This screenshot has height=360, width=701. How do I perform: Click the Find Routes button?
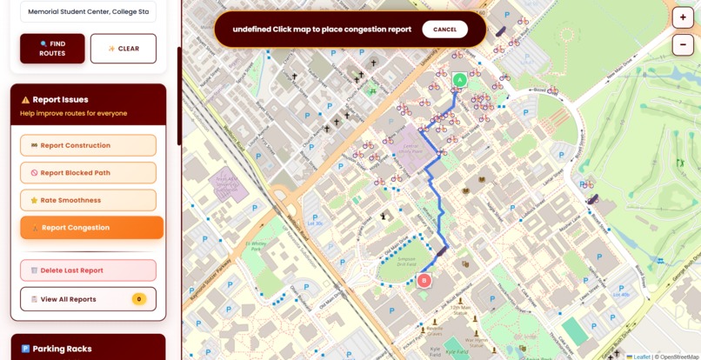click(52, 49)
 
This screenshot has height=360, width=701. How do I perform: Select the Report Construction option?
click(88, 145)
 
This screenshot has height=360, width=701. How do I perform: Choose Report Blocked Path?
click(88, 173)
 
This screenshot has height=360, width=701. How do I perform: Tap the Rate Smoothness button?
click(88, 200)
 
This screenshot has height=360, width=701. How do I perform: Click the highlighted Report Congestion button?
click(91, 228)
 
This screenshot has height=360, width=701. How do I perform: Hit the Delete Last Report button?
click(88, 270)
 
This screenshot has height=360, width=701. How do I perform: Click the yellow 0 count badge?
click(138, 299)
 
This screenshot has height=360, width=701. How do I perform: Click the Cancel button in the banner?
click(444, 30)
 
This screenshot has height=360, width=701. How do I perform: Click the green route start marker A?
click(460, 80)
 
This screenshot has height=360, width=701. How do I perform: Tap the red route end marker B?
click(424, 280)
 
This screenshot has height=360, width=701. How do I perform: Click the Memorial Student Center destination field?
click(88, 12)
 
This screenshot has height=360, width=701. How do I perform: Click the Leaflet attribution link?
click(641, 357)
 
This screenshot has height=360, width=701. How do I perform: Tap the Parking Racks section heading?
click(62, 349)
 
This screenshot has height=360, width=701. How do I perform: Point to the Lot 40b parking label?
click(620, 295)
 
